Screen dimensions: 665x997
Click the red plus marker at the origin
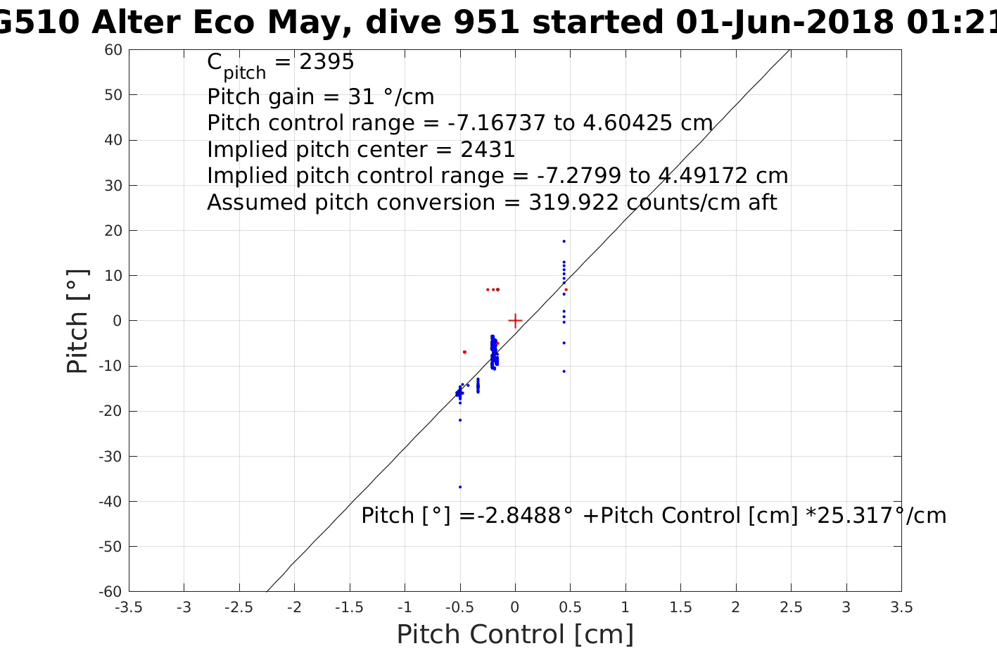[515, 321]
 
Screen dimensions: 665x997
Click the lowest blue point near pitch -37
[460, 487]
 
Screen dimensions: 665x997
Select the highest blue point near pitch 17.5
[564, 241]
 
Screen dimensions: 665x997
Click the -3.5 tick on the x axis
[129, 591]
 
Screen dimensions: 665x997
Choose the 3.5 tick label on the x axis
[901, 607]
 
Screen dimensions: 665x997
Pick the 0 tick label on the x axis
[515, 607]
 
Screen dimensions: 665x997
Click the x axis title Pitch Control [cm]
[515, 635]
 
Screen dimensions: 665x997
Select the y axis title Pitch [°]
[77, 321]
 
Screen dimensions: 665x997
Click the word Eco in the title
[221, 23]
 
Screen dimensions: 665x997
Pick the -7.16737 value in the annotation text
[497, 123]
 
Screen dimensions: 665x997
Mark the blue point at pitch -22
[460, 420]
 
